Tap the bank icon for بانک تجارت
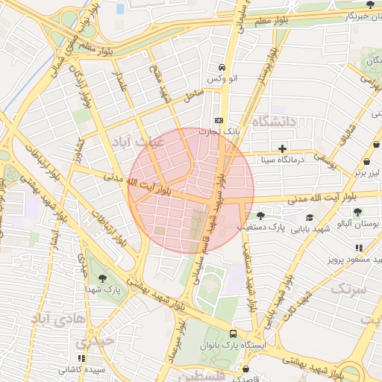[x=219, y=120]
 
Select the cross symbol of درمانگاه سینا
[x=282, y=148]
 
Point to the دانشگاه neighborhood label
[x=274, y=121]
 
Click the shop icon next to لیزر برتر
[x=367, y=162]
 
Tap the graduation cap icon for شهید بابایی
[x=309, y=217]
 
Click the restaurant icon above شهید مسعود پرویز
[x=359, y=248]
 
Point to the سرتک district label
[x=348, y=288]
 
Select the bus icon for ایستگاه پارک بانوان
[x=234, y=334]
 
